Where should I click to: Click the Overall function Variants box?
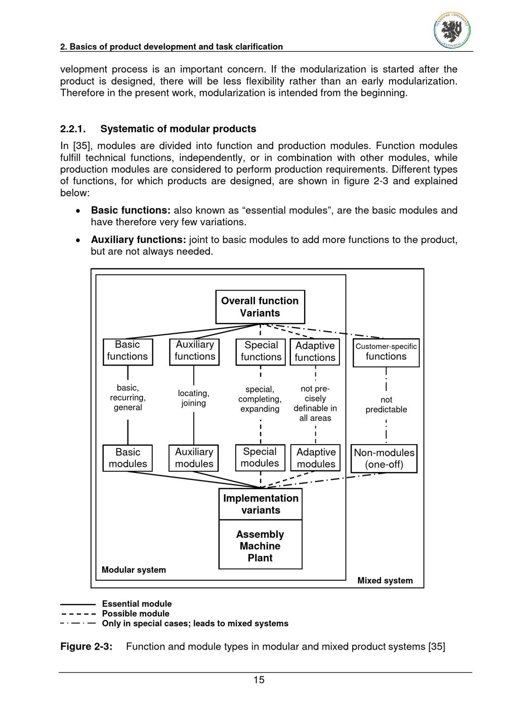260,307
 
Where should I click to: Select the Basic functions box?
128,350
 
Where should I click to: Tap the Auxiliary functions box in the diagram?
194,350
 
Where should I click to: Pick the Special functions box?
261,351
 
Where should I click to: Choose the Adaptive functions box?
315,351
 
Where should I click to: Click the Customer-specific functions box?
386,352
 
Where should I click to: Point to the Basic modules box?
128,458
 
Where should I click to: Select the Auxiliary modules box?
194,458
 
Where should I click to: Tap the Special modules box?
260,457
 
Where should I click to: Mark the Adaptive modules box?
316,458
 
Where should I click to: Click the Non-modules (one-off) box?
384,458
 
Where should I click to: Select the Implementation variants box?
261,504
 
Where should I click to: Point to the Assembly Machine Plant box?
261,546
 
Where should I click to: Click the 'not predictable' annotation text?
386,405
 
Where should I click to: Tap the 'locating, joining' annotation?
193,398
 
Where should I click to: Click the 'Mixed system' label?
385,580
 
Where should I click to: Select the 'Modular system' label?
134,570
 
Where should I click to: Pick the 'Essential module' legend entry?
137,604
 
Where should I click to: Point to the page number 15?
259,680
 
